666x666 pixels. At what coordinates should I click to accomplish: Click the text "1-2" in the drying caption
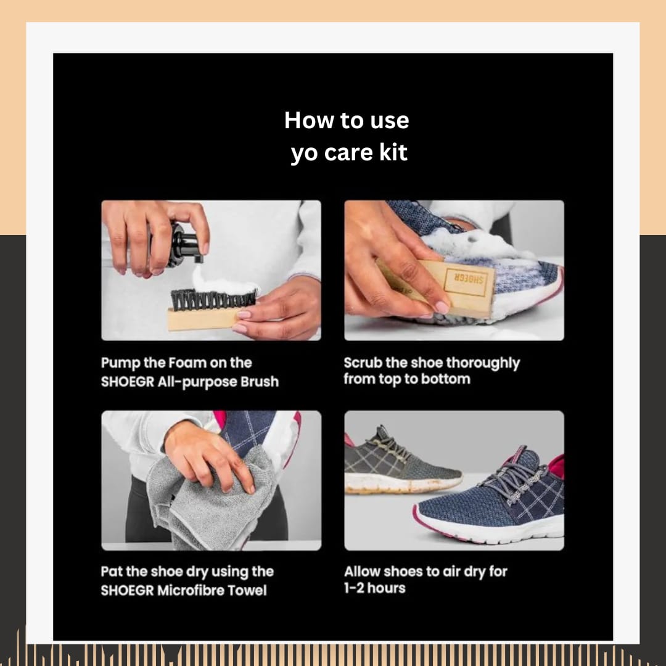tap(354, 588)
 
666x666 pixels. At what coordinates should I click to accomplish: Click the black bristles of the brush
tap(213, 299)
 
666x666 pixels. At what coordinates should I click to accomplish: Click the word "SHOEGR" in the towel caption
tap(128, 590)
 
